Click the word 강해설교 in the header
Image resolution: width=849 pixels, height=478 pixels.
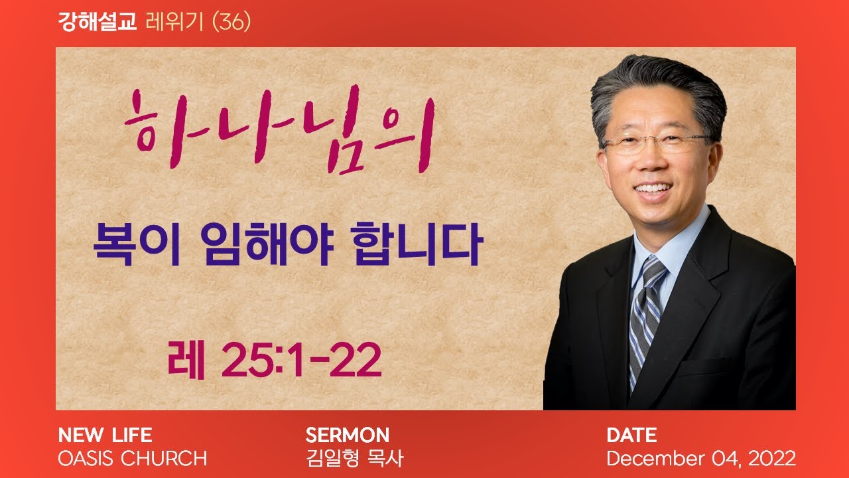click(x=97, y=22)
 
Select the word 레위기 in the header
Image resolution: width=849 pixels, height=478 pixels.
click(x=174, y=22)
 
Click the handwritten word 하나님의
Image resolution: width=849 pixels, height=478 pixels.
click(x=280, y=129)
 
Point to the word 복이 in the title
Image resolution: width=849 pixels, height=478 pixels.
click(x=137, y=244)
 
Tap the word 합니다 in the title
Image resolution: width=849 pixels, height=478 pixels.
click(x=417, y=244)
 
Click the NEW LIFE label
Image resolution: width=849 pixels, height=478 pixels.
click(x=105, y=435)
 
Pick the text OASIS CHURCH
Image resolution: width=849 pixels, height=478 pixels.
click(x=132, y=458)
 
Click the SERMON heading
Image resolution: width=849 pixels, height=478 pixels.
click(x=347, y=435)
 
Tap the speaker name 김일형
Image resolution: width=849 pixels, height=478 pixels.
click(x=332, y=458)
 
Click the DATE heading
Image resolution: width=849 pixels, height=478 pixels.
click(x=631, y=435)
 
